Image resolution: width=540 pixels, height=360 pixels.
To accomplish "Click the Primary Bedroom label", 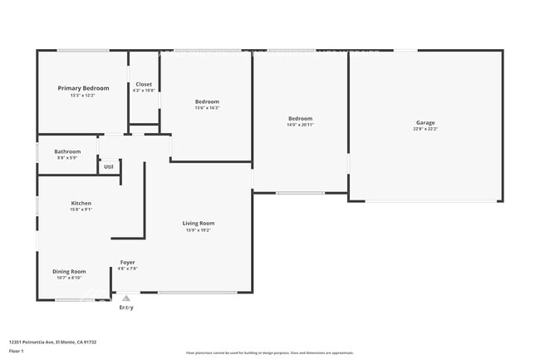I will (83, 88).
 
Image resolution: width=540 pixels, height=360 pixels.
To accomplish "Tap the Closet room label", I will (144, 84).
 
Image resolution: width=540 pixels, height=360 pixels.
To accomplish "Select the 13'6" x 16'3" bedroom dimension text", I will (206, 108).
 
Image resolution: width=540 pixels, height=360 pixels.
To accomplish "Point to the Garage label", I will (425, 123).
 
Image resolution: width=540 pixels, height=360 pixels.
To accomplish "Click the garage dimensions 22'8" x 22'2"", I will (425, 129).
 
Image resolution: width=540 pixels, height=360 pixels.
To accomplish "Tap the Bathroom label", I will (67, 151).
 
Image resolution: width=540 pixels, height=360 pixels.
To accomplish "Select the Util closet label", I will (109, 166).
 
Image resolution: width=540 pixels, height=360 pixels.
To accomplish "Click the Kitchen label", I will (81, 203).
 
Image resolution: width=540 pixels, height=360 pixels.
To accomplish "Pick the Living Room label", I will (199, 223).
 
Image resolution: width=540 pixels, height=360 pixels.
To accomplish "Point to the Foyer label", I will (127, 263).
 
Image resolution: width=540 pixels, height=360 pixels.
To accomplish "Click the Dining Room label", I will (70, 272).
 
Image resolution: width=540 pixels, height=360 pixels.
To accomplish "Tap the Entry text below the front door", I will (126, 308).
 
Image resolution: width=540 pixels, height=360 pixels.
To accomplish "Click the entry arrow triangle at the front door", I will (126, 298).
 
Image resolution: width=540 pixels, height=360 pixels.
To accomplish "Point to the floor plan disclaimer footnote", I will (269, 353).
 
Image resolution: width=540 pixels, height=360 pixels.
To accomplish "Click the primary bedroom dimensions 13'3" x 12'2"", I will (83, 95).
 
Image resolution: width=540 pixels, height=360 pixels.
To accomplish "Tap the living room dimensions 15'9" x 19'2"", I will (199, 229).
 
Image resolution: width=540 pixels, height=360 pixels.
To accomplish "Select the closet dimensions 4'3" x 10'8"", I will (144, 91).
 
